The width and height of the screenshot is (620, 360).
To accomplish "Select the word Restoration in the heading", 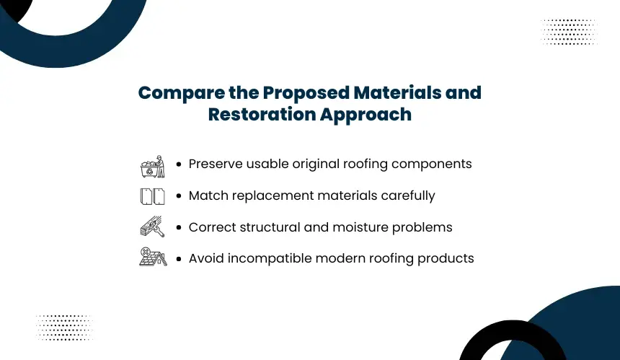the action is coord(262,114).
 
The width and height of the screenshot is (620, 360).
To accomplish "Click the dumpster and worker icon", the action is coord(153,167).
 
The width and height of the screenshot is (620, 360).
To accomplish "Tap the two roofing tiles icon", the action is coord(153,196).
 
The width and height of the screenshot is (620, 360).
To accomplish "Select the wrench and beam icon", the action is coord(153,227).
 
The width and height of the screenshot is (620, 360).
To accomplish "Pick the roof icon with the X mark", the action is coord(153,257).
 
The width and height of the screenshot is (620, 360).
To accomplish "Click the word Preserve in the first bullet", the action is coord(216,164).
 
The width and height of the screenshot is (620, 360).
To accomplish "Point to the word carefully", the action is coord(408,196).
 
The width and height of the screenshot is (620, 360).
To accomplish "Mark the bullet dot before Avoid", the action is coord(179,259).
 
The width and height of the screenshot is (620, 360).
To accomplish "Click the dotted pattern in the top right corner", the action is coord(569,32).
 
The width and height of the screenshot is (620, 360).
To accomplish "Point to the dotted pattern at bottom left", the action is coord(64,328).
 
